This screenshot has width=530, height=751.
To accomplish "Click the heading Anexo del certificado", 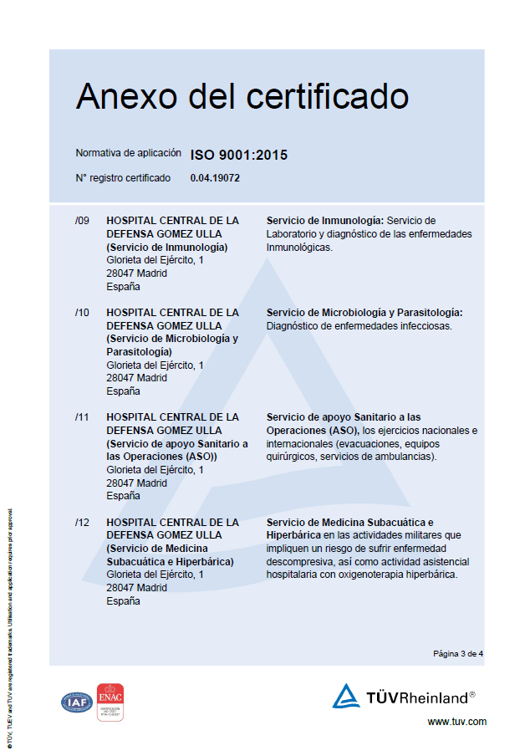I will click(242, 97).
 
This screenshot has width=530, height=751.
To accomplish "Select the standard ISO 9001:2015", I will click(239, 155).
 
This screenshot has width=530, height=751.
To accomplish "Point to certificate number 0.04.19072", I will click(216, 178).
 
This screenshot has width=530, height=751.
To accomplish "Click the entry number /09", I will click(82, 221).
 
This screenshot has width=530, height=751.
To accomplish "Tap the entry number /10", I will click(82, 313).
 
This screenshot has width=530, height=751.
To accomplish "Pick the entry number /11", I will click(82, 417).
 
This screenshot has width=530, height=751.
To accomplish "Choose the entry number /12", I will click(82, 523).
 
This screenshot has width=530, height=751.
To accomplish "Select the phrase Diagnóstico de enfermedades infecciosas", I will click(359, 326).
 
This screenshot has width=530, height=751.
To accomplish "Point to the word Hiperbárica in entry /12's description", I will click(295, 535).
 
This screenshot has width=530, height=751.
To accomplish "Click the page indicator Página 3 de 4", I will click(458, 653).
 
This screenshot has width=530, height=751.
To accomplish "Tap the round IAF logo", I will click(77, 702).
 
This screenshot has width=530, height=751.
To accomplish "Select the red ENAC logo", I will click(110, 702).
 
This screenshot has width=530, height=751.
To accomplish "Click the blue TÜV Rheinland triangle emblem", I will click(345, 696).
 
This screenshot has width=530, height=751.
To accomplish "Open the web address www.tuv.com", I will click(456, 722).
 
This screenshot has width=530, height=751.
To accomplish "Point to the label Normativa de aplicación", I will click(128, 153).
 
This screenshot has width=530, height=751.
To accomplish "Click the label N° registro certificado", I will click(123, 178).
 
